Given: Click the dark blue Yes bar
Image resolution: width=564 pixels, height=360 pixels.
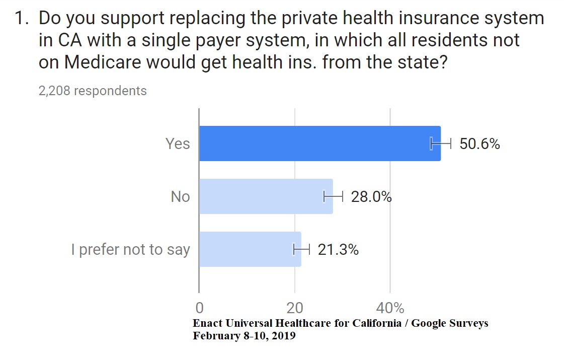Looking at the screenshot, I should tap(319, 143).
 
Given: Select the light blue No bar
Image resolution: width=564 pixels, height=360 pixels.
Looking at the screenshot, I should tap(266, 196).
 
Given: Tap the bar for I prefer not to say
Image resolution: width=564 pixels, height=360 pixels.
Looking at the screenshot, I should tap(250, 249).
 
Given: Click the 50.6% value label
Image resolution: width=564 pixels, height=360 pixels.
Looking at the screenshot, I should tap(479, 144).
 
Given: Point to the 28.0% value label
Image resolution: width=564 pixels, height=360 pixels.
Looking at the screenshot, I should tap(371, 196).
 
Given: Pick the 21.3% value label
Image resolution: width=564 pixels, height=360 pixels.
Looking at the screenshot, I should tap(338, 249).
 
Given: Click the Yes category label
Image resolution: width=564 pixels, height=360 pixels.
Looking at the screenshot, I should tap(178, 144).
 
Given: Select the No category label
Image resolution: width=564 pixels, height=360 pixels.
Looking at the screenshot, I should tap(180, 196).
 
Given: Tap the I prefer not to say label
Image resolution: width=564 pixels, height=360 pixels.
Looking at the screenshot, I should tap(130, 250).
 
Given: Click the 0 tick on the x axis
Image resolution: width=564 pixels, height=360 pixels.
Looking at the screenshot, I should tap(199, 308).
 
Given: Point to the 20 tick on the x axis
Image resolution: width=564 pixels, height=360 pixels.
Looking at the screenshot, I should tap(294, 308).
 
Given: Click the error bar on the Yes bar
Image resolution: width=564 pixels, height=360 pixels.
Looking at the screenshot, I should tap(441, 143).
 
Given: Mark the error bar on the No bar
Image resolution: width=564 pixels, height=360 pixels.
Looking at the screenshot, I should tap(333, 196).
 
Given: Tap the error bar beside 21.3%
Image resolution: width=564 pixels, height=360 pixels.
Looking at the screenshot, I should tap(301, 249).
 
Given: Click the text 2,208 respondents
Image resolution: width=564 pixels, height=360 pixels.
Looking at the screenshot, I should tap(93, 91).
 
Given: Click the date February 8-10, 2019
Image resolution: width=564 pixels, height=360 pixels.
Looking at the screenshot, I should tap(244, 336).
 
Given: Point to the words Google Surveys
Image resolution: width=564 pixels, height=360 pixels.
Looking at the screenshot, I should tap(450, 323).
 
